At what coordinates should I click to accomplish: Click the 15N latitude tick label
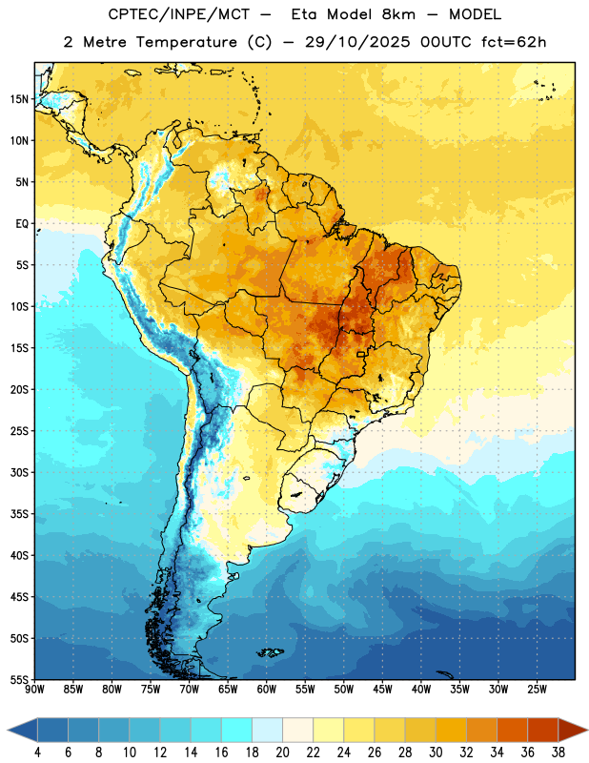[19, 99]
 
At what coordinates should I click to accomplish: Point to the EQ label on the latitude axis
[22, 224]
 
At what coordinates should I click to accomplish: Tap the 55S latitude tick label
[19, 680]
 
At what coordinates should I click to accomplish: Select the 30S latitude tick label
[19, 472]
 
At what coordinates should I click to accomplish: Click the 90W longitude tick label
[34, 690]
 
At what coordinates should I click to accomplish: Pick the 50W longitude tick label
[343, 690]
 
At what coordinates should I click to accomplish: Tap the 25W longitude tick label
[537, 690]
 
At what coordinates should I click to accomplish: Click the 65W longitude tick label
[228, 690]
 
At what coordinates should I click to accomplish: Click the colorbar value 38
[559, 753]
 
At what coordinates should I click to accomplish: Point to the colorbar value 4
[37, 753]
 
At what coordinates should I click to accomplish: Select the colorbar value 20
[282, 753]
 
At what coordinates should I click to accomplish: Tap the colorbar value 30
[436, 753]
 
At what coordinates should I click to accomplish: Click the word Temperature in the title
[187, 42]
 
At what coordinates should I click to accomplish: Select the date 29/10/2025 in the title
[358, 42]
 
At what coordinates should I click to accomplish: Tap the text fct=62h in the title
[514, 42]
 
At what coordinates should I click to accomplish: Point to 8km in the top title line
[398, 14]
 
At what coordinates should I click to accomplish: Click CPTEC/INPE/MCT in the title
[179, 14]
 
